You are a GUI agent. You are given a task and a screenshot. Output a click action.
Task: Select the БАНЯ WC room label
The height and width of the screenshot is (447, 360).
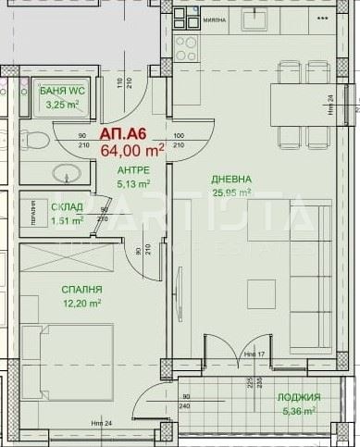click(61, 91)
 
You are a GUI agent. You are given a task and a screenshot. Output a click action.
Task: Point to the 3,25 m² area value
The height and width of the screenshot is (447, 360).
click(61, 105)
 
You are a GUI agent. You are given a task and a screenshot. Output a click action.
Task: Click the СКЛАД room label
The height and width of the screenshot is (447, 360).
click(68, 206)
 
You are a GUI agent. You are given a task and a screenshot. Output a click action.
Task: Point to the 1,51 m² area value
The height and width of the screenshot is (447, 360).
click(68, 220)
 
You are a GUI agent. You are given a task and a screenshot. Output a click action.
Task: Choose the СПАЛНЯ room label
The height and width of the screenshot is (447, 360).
click(57, 290)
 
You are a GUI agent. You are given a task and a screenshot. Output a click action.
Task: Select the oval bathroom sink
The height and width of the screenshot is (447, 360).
click(66, 174)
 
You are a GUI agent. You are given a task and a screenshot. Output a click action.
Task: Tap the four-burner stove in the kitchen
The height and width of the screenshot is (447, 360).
click(186, 44)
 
